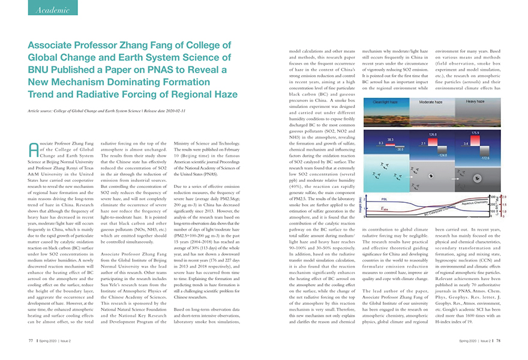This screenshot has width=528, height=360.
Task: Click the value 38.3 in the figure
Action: [391, 139]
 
